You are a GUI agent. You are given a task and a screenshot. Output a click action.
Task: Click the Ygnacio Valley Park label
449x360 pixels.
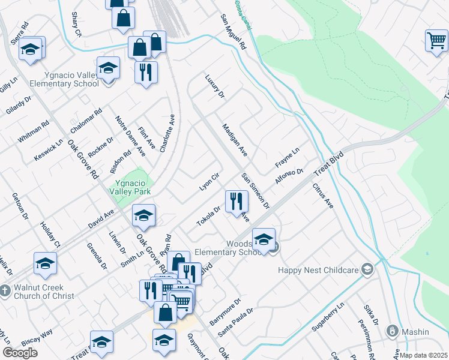pos(130,187)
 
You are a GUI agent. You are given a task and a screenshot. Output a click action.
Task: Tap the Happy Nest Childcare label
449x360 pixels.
pos(318,270)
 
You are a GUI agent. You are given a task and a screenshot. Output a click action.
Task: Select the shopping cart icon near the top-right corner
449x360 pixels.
pos(436,41)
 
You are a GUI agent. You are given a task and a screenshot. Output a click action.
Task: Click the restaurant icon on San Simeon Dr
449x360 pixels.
pos(235,200)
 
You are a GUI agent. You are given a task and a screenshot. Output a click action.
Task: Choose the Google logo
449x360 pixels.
pos(20,352)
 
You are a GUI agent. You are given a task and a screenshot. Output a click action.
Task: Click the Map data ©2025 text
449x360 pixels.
pos(423,355)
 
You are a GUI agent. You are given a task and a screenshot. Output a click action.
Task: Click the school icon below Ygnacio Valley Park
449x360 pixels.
pos(143,216)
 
